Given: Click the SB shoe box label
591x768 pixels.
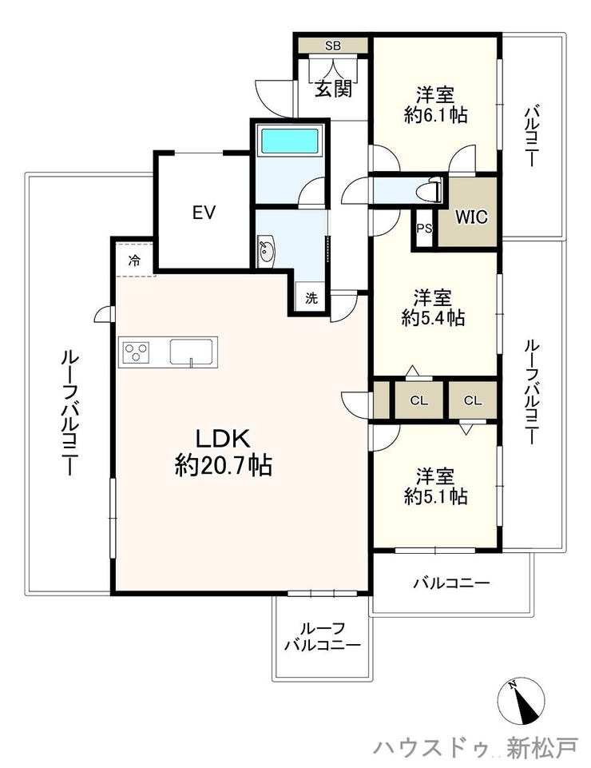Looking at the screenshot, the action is coord(333,46).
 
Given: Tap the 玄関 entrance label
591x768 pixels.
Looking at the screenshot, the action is coord(333,89).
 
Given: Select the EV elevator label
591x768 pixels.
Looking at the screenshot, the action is coord(204,213).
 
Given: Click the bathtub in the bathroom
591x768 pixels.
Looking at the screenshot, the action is coord(289,141).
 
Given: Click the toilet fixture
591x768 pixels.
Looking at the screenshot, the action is coord(433,189).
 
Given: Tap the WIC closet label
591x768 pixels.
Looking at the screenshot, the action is coord(471,217).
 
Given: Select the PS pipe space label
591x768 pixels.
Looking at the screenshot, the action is coord(425,229).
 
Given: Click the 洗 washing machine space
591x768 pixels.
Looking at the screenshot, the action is coord(311,298).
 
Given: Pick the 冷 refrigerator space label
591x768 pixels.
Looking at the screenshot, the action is coord(133,261).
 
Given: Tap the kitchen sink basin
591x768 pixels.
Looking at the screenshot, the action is coord(193,352).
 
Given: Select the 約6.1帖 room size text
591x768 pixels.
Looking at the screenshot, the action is coord(435,114).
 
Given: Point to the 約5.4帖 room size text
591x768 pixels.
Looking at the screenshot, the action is coord(433,318).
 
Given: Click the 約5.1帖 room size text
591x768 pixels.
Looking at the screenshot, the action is coord(435,496).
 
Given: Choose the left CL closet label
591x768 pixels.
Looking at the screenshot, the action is coord(418,400).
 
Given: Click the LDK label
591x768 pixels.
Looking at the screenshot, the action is coord(224,439).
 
